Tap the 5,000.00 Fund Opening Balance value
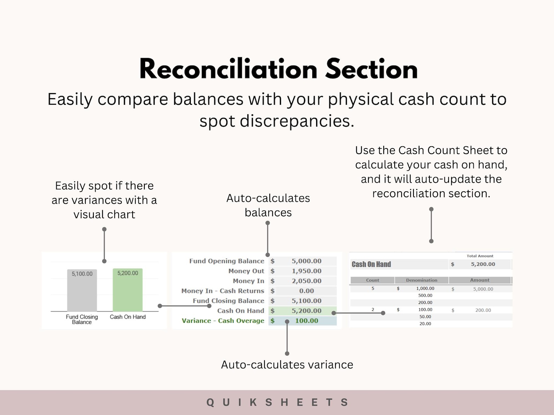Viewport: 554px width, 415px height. (x=306, y=261)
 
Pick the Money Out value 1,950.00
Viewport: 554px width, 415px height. (x=306, y=271)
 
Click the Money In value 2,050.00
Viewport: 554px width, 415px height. (x=306, y=281)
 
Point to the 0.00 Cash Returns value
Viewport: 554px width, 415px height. (x=306, y=291)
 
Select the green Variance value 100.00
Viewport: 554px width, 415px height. (x=306, y=321)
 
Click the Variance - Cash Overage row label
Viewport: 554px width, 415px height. (x=223, y=321)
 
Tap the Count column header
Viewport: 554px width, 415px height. (x=373, y=280)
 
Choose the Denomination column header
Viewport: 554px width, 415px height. (x=421, y=280)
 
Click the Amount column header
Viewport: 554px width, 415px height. (x=480, y=280)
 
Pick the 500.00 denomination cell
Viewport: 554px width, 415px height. (x=425, y=295)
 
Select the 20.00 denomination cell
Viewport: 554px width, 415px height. (x=425, y=324)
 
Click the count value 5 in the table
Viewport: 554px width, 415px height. (x=373, y=289)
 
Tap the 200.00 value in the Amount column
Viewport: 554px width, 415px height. (x=483, y=310)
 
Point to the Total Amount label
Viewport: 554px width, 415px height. (x=480, y=256)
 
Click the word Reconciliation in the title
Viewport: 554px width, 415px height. (x=228, y=69)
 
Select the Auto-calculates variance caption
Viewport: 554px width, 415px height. (x=287, y=364)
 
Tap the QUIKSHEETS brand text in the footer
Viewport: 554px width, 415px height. (x=277, y=402)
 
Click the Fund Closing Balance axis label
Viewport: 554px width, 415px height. (x=82, y=319)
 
